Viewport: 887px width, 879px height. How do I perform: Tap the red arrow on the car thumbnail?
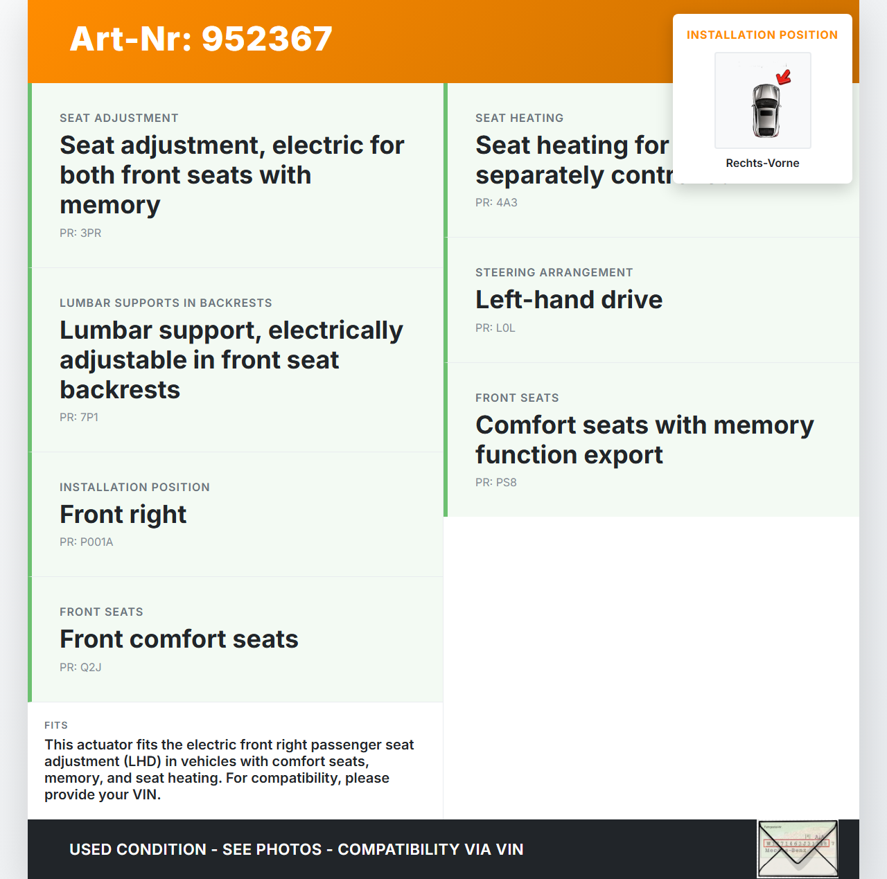784,77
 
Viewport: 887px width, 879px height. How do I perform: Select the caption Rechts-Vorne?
762,163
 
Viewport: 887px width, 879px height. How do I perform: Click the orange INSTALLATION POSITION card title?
762,35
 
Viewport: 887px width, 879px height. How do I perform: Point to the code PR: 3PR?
80,233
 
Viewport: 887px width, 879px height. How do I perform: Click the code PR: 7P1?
79,417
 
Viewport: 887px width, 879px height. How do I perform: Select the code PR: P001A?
86,542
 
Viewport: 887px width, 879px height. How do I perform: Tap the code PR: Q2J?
80,667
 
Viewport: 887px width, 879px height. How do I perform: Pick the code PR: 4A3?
496,202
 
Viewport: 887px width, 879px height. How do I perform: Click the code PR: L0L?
495,328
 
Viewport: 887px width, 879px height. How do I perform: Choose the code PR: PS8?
495,482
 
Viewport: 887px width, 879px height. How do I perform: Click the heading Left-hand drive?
568,299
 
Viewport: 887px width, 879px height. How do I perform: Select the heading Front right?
123,514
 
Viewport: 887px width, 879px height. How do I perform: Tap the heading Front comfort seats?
179,639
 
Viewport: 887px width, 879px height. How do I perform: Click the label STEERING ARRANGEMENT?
554,272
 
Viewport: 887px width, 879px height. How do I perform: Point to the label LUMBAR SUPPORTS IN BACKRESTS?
166,303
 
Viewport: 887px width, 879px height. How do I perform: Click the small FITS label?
56,725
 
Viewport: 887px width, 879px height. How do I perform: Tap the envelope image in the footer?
797,849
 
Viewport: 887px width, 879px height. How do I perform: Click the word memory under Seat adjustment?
110,205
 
